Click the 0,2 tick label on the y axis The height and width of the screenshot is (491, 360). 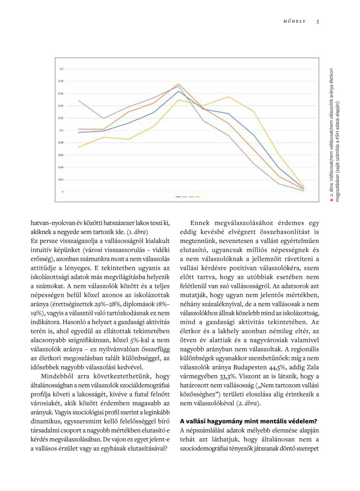[61, 69]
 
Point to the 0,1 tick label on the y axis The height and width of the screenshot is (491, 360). [61, 130]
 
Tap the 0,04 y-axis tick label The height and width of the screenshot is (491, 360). [61, 167]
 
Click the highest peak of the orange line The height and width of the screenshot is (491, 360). [178, 84]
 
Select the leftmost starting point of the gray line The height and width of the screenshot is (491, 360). [78, 100]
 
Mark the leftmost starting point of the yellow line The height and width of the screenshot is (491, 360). [78, 147]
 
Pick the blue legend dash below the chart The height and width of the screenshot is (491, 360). [178, 197]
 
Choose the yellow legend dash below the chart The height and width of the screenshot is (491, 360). [198, 197]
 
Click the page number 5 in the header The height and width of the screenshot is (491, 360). [317, 22]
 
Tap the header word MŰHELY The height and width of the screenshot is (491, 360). [295, 22]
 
